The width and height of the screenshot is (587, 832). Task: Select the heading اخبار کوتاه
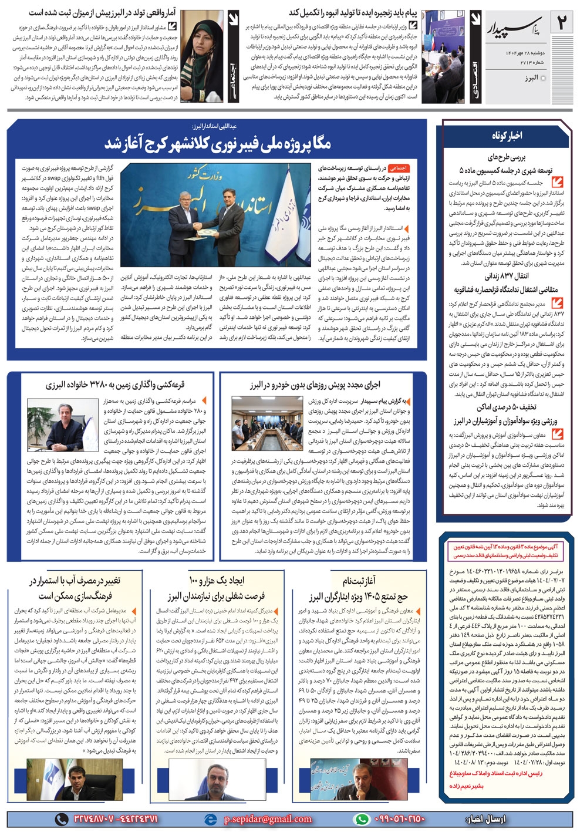(x=507, y=136)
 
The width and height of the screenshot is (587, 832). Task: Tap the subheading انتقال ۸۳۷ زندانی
(x=506, y=276)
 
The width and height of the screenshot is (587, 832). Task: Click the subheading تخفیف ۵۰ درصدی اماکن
(x=506, y=407)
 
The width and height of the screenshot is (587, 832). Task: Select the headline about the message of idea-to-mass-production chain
(x=353, y=12)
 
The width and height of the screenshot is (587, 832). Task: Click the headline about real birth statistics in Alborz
(x=106, y=12)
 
